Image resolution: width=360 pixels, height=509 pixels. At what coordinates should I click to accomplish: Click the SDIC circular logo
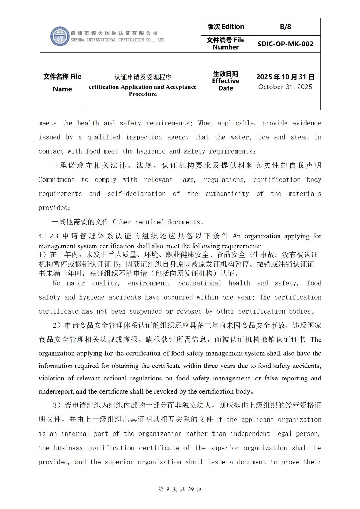[60, 36]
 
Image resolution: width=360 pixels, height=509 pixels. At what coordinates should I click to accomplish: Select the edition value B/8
[285, 27]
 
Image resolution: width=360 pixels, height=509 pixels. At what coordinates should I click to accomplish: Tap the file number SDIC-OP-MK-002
[285, 44]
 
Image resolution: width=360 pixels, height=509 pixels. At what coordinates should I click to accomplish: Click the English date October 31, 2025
[285, 87]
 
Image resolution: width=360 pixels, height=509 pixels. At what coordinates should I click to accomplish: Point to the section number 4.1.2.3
[48, 236]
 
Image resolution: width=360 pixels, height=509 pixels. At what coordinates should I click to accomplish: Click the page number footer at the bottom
[180, 489]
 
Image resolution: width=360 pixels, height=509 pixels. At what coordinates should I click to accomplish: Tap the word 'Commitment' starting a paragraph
[56, 180]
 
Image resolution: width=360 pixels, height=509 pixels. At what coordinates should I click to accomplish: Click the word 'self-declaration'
[136, 194]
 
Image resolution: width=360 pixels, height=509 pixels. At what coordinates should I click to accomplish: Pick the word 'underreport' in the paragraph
[56, 391]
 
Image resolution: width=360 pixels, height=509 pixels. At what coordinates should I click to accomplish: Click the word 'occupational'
[200, 283]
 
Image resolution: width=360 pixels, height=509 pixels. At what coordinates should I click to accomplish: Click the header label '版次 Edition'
[225, 27]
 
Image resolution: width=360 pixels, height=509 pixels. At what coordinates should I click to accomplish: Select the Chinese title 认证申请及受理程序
[143, 77]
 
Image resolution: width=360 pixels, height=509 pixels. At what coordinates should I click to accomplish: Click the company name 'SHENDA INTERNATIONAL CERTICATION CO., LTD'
[117, 40]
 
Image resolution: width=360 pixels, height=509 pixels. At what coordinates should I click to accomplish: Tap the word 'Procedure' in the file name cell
[143, 94]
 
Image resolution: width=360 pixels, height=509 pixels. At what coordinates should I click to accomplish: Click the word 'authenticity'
[227, 194]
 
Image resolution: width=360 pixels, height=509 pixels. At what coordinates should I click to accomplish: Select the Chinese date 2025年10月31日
[285, 77]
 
